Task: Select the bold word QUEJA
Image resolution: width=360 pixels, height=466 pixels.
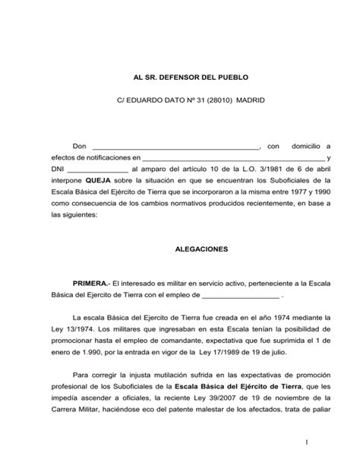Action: click(99, 181)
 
